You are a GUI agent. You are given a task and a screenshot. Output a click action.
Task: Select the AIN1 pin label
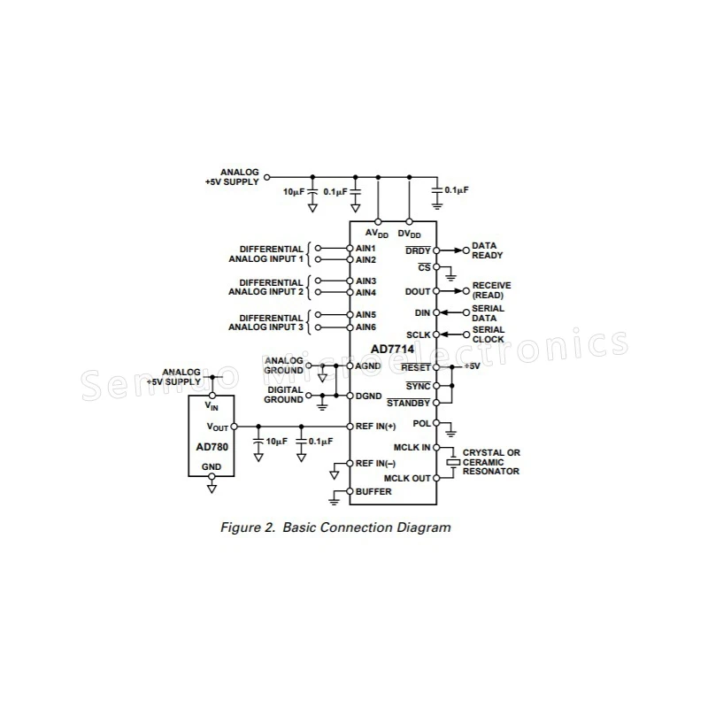[x=366, y=249]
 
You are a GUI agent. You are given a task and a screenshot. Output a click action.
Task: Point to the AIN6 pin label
[x=366, y=327]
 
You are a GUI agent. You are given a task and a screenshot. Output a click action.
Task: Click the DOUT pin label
[x=417, y=291]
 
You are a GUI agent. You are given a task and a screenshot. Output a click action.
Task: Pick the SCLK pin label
[x=418, y=335]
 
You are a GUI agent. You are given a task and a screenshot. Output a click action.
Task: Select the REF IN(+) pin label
[x=376, y=426]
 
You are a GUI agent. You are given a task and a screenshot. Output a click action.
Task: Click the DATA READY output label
[x=487, y=250]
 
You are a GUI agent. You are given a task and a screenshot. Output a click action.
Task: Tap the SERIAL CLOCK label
[x=488, y=335]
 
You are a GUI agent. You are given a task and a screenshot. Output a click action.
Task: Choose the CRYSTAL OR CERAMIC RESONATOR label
[x=491, y=462]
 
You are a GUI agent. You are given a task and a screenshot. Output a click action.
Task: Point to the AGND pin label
[x=368, y=365]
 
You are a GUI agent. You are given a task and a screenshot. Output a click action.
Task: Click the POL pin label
[x=421, y=424]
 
